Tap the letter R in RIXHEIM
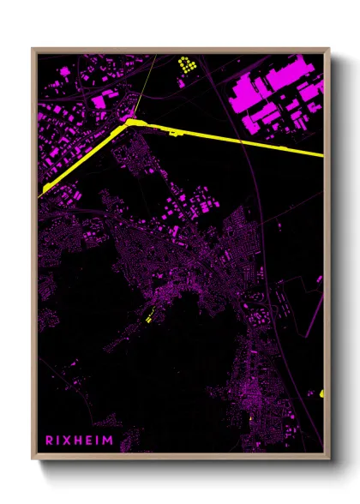pos(51,439)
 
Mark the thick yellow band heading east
pos(240,142)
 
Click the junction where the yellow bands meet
pos(130,123)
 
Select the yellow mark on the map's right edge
pos(322,393)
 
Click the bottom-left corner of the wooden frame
pos(33,459)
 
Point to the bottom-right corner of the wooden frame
pos(329,459)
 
